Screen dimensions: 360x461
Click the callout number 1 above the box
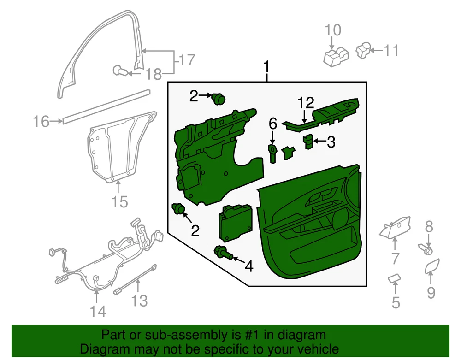(x=266, y=69)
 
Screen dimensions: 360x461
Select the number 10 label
(x=333, y=31)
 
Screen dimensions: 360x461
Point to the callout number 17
(x=187, y=60)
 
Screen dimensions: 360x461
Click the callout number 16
(x=41, y=122)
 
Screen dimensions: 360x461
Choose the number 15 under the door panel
(x=119, y=201)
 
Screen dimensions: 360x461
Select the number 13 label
(x=139, y=301)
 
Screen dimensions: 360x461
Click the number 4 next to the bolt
(x=249, y=266)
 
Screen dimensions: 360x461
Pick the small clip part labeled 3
(x=308, y=142)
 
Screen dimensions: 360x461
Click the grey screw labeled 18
(x=119, y=71)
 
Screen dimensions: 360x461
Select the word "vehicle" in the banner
(x=314, y=348)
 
